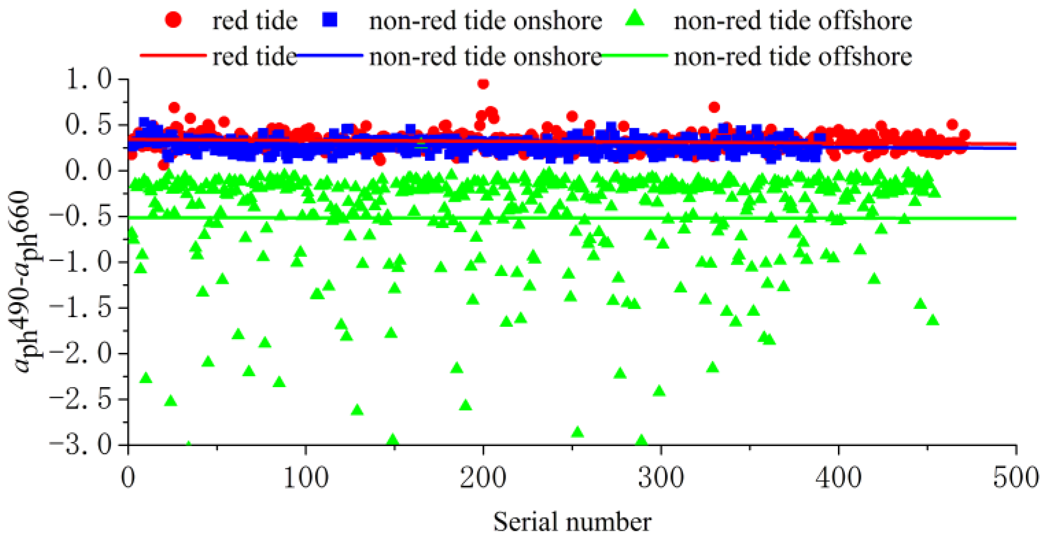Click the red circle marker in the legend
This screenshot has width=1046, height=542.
click(x=173, y=20)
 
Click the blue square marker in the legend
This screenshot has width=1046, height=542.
click(x=330, y=20)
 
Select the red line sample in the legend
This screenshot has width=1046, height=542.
click(x=173, y=56)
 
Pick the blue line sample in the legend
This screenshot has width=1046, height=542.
click(x=330, y=56)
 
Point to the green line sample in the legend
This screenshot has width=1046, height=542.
click(x=635, y=56)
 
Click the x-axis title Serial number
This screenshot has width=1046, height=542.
click(x=572, y=521)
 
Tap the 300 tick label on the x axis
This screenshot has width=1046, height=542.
click(x=661, y=478)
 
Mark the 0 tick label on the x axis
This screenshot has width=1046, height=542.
click(x=128, y=478)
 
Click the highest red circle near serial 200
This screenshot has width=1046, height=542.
click(x=483, y=84)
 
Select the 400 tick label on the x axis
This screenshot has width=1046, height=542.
click(x=838, y=478)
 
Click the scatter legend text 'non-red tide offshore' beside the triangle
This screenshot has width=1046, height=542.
click(x=793, y=21)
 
